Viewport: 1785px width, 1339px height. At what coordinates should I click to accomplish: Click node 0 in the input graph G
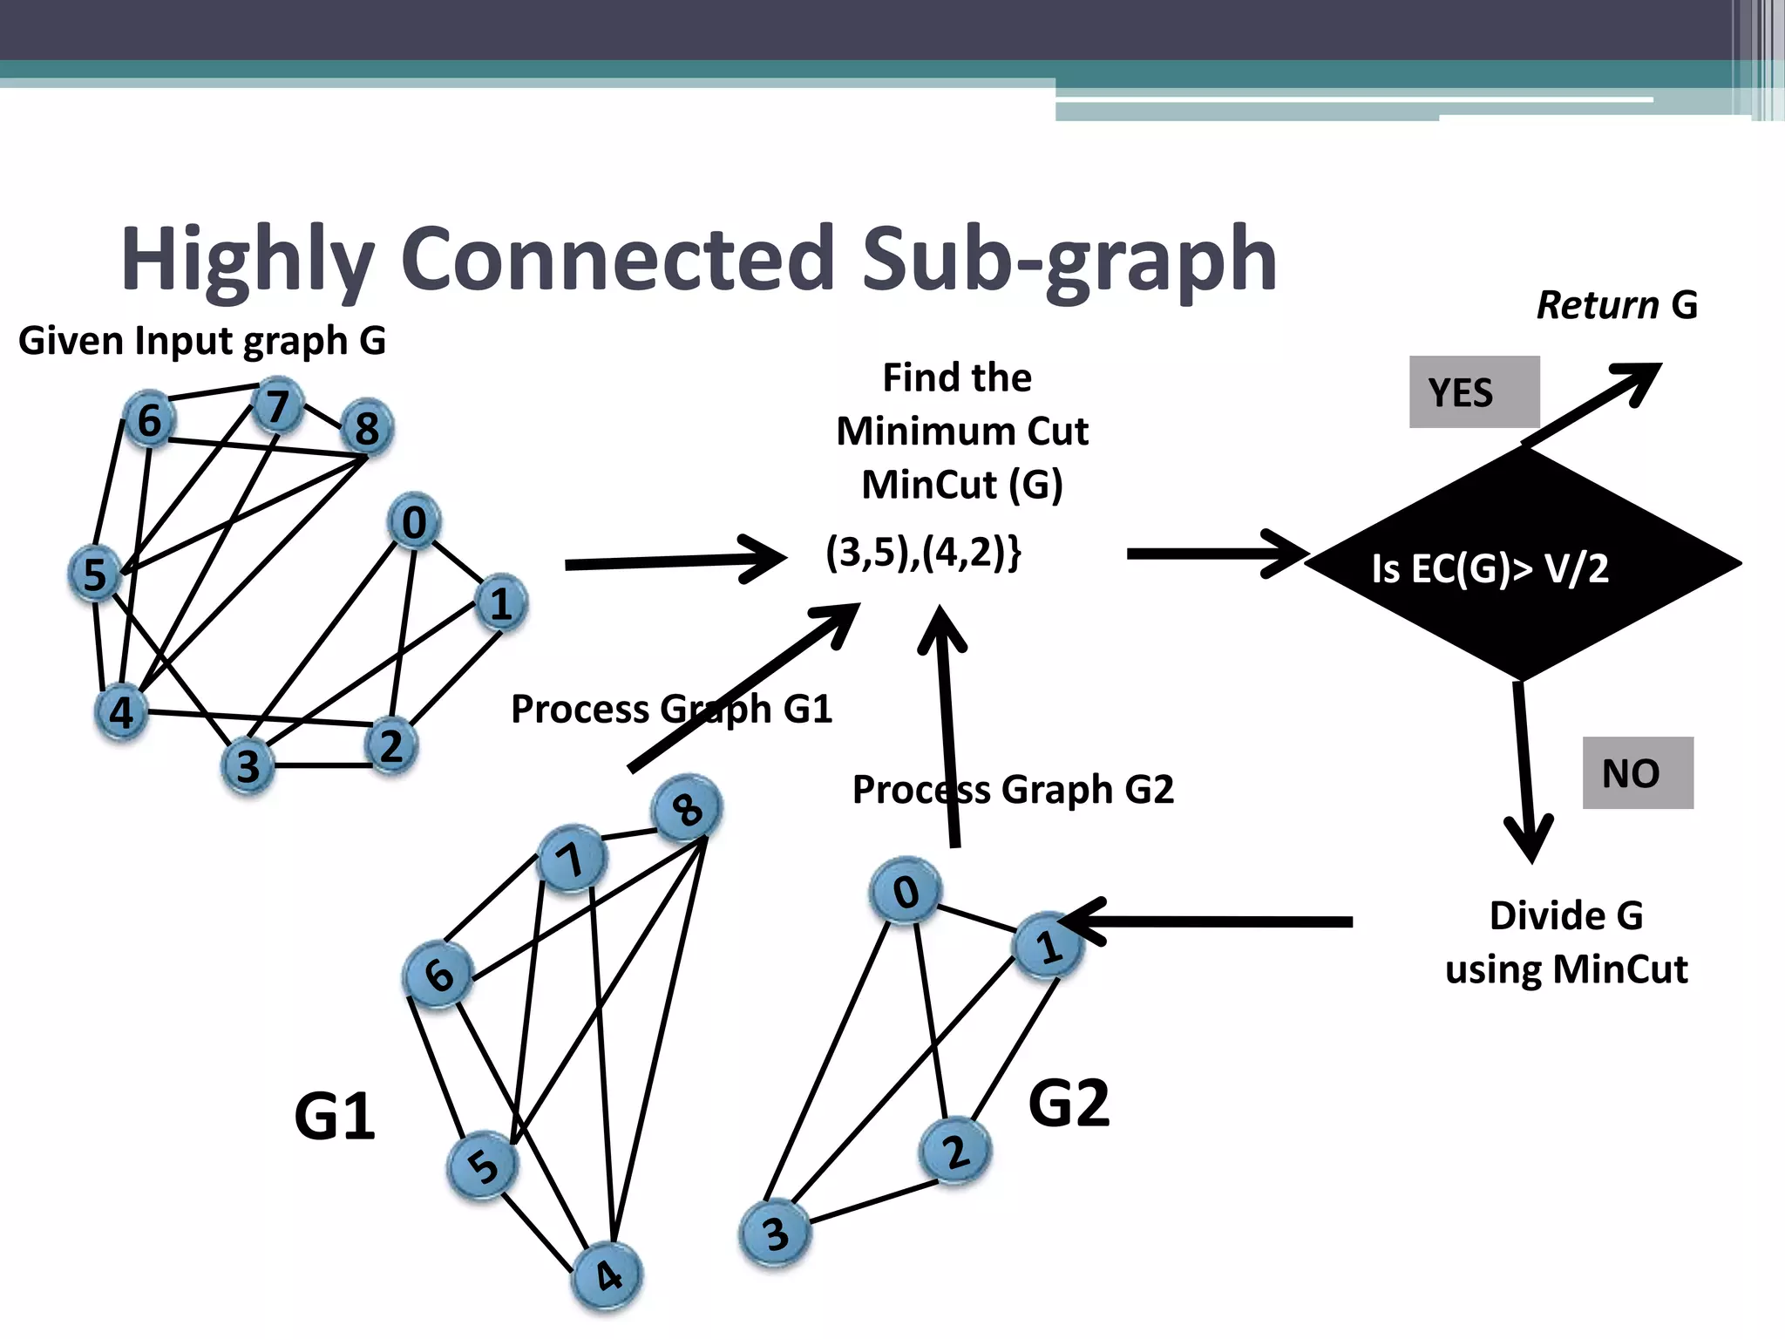[414, 521]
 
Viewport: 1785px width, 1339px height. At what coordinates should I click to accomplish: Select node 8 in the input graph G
[367, 427]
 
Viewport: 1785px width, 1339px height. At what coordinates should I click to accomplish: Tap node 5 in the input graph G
[94, 574]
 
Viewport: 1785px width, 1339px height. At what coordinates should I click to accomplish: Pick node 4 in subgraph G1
[607, 1276]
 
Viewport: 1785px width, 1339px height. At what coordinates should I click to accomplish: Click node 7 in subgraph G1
[571, 860]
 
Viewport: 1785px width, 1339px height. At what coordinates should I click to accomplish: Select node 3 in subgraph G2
[775, 1234]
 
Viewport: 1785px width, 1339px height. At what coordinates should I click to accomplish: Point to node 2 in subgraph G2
[955, 1152]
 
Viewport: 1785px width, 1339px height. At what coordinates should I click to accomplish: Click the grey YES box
[1474, 392]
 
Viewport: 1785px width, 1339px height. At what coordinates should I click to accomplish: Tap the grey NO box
[1637, 773]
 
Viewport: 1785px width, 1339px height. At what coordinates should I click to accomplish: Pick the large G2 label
[1069, 1104]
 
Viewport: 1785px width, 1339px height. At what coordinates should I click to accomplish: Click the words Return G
[1616, 305]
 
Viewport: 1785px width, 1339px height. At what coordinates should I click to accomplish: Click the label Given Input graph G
[202, 340]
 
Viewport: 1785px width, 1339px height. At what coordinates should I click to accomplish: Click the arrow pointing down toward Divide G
[1524, 767]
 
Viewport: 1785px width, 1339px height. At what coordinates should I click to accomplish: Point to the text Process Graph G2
[1013, 790]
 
